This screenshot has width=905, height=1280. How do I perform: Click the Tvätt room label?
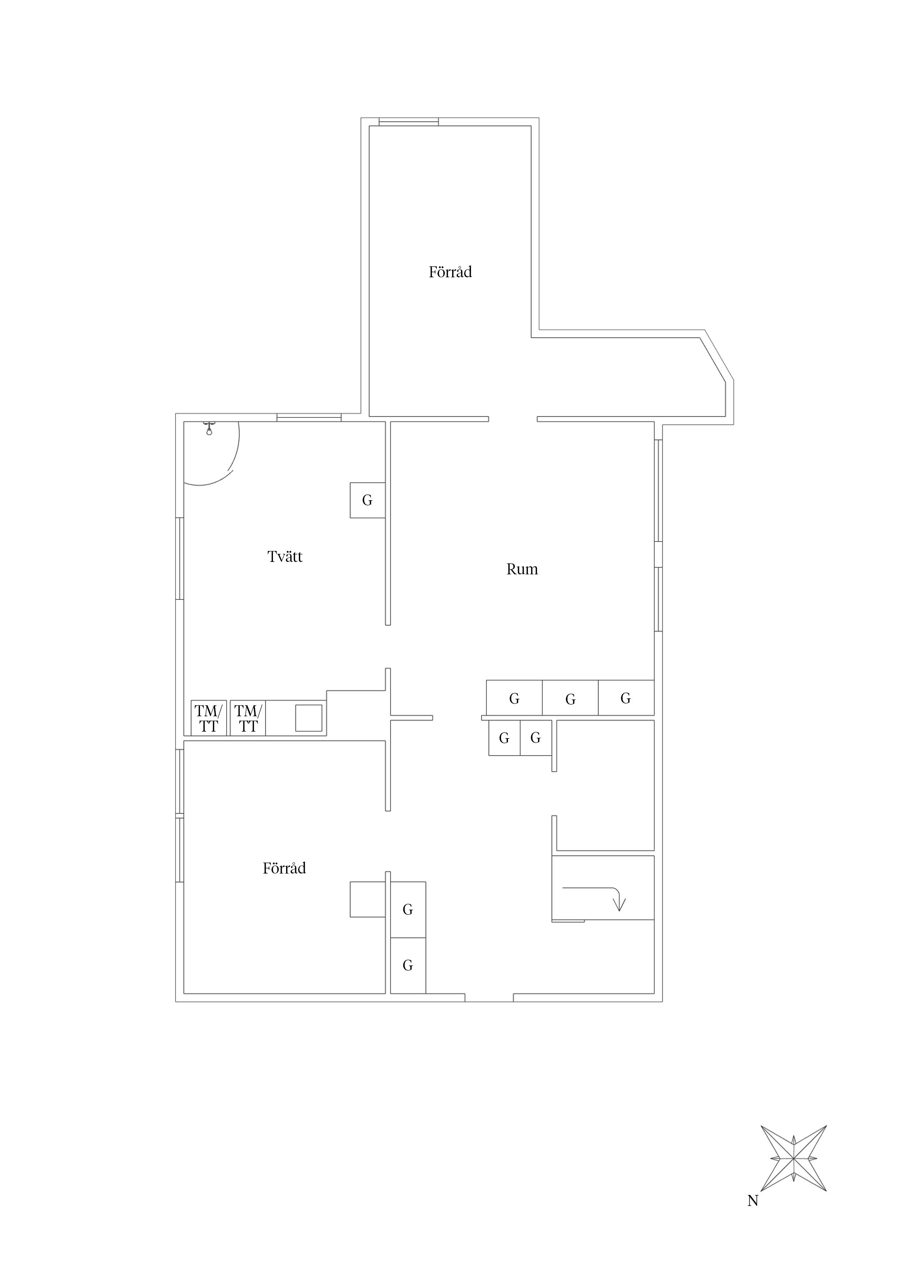pyautogui.click(x=285, y=556)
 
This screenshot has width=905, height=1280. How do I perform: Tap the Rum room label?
pyautogui.click(x=522, y=569)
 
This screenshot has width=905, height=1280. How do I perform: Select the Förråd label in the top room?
pyautogui.click(x=450, y=272)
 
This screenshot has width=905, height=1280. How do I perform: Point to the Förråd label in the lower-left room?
pyautogui.click(x=284, y=868)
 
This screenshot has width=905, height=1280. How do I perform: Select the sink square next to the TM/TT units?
pyautogui.click(x=308, y=718)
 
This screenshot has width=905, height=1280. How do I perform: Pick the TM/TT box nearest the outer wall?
pyautogui.click(x=208, y=718)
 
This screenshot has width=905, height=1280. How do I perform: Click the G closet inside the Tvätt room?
pyautogui.click(x=367, y=500)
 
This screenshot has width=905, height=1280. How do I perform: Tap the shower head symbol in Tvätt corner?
pyautogui.click(x=209, y=428)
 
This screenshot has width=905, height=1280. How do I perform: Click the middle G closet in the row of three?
pyautogui.click(x=570, y=698)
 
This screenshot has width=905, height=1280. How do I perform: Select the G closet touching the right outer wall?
pyautogui.click(x=625, y=698)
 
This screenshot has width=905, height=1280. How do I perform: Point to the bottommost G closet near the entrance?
pyautogui.click(x=408, y=965)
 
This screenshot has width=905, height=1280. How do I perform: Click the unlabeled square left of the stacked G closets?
pyautogui.click(x=367, y=899)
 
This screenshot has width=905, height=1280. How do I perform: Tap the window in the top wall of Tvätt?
pyautogui.click(x=309, y=417)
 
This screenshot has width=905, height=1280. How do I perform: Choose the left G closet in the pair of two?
pyautogui.click(x=504, y=738)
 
